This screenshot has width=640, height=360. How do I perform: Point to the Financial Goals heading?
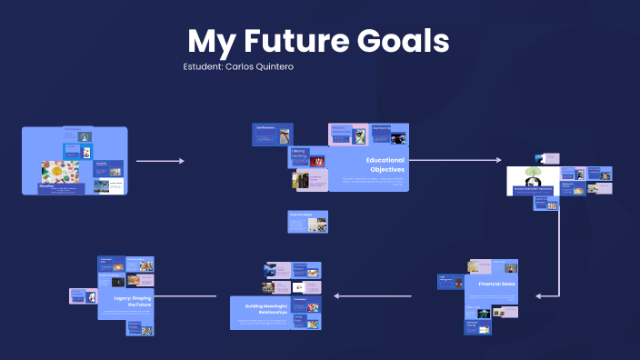496,284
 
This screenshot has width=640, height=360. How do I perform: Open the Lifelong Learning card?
298,157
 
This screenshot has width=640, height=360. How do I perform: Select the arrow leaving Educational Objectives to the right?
455,161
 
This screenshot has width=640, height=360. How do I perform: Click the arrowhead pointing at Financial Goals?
539,295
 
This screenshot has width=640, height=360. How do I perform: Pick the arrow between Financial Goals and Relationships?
373,295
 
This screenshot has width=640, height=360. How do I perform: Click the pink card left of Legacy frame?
83,296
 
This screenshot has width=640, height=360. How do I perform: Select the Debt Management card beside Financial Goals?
450,283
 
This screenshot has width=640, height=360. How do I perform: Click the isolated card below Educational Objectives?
307,222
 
